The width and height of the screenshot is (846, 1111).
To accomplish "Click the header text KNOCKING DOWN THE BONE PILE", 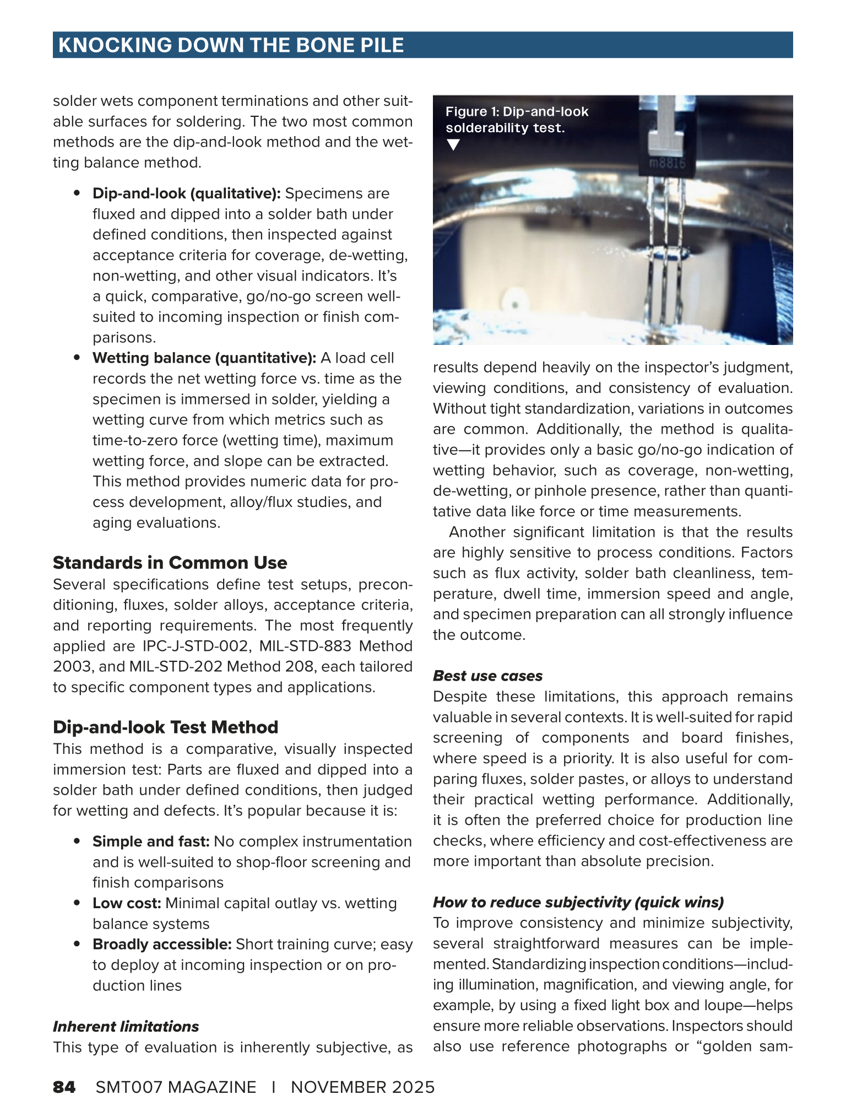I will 231,45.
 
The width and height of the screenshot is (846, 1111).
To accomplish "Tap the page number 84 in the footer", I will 64,1087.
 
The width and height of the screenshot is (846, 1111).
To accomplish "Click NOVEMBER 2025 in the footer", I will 363,1087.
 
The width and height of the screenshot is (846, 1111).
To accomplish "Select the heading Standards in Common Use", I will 170,563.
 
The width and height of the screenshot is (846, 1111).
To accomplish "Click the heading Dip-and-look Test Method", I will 165,727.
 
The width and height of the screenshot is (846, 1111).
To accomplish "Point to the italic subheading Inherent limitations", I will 126,1027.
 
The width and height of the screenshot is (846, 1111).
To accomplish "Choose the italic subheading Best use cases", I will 487,676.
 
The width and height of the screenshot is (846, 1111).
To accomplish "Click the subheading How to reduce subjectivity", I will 578,902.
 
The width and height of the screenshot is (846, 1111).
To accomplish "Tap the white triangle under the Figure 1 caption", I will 453,145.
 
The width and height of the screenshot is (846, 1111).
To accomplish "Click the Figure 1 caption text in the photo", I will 517,120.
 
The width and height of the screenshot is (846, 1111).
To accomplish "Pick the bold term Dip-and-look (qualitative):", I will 187,194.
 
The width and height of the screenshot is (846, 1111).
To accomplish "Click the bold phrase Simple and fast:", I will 151,842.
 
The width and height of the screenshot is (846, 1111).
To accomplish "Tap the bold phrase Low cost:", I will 127,903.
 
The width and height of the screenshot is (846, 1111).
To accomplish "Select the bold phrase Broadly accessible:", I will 162,945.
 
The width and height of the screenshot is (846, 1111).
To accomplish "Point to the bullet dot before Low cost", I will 78,903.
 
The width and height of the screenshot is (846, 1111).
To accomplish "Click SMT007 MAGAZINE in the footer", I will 176,1087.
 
